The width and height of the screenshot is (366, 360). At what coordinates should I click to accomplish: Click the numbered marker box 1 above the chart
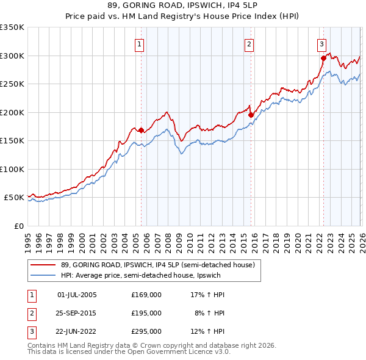[140, 44]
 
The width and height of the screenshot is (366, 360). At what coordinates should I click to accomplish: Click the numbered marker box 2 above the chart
[249, 44]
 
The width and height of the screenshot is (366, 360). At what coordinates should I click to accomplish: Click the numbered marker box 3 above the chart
[321, 44]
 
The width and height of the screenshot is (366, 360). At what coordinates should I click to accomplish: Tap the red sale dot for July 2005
[141, 130]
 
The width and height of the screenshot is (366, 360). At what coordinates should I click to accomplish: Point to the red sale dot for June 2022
[323, 59]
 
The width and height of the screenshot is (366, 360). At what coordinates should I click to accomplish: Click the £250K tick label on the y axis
[12, 84]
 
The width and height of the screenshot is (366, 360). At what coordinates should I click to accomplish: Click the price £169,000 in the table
[146, 295]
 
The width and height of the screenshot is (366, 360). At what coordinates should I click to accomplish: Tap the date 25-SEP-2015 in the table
[77, 313]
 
